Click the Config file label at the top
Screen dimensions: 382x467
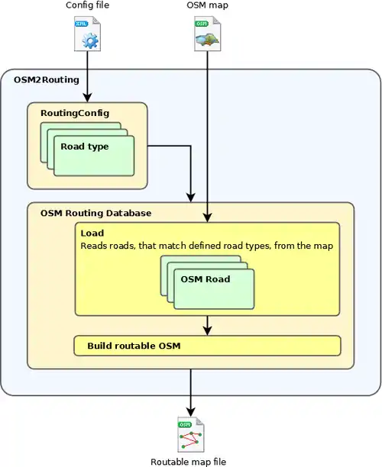tap(87, 5)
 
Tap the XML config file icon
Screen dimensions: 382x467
tap(87, 34)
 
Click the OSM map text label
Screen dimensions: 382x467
tap(207, 5)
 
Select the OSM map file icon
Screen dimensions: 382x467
tap(208, 34)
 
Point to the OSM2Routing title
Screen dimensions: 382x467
tap(47, 80)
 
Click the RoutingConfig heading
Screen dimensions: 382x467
tap(75, 113)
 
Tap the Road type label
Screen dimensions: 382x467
tap(85, 147)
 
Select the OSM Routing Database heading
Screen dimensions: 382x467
tap(95, 213)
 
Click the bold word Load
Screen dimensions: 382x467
tap(92, 233)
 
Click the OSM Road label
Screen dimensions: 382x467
tap(206, 279)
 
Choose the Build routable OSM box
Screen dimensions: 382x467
tap(207, 346)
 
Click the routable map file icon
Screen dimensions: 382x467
tap(191, 434)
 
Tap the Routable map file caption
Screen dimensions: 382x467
tap(188, 462)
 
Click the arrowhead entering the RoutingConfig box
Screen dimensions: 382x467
tap(87, 98)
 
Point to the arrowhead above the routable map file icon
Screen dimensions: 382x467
tap(191, 412)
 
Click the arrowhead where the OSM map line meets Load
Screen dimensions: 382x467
tap(207, 217)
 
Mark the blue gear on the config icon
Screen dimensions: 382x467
tap(89, 40)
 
